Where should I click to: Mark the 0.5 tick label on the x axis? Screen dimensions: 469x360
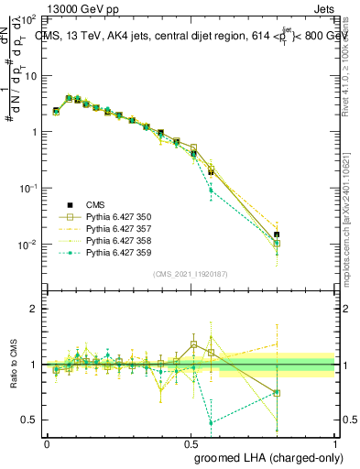191,442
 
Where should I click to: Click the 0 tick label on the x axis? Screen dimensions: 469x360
47,442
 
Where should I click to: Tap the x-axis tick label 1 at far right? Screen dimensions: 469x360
334,442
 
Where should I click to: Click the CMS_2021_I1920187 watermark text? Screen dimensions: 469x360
190,274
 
